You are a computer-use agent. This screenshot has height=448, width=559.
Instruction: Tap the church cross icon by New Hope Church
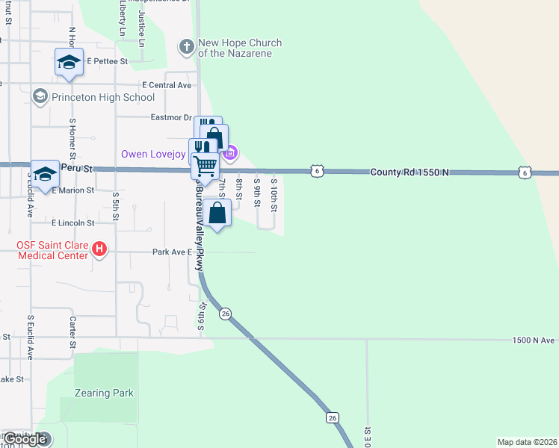186,48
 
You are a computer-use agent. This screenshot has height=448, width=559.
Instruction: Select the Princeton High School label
103,97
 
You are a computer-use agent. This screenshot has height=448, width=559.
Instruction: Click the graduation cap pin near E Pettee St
69,62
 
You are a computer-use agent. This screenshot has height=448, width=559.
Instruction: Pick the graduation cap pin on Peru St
45,173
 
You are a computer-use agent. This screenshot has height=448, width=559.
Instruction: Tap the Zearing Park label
104,393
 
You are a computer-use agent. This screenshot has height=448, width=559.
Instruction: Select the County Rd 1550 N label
410,172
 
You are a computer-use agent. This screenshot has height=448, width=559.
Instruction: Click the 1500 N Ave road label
534,340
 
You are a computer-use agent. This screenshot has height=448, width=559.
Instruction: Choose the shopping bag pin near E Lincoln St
217,214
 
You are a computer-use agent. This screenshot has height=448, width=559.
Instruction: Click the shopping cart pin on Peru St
204,164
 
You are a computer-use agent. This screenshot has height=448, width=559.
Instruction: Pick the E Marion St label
72,190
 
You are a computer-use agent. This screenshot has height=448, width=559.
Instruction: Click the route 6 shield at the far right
525,172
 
